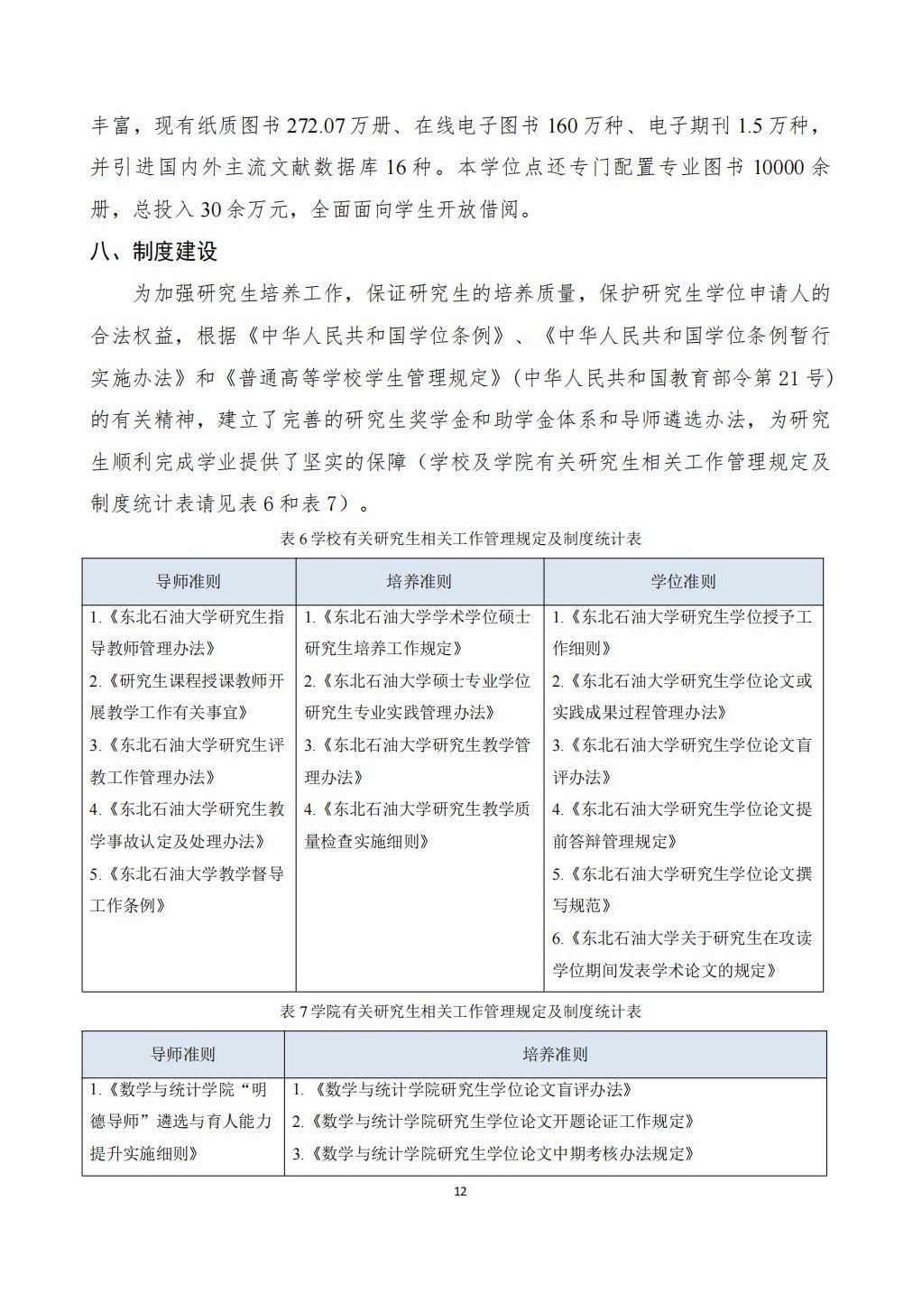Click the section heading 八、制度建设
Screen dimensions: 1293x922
pyautogui.click(x=153, y=252)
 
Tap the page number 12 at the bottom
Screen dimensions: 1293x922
pyautogui.click(x=460, y=1192)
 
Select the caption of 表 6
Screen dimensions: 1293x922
pyautogui.click(x=461, y=539)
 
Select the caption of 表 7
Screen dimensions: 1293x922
pyautogui.click(x=461, y=1011)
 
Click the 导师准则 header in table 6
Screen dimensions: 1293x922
pyautogui.click(x=189, y=582)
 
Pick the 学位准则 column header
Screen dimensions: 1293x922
pyautogui.click(x=683, y=582)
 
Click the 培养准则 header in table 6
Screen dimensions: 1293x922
pyautogui.click(x=420, y=582)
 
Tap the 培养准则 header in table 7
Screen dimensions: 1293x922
pyautogui.click(x=555, y=1054)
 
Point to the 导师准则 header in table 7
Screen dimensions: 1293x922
pyautogui.click(x=182, y=1054)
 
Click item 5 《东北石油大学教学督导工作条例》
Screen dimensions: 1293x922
pyautogui.click(x=187, y=890)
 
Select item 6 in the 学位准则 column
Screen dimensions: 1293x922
pyautogui.click(x=682, y=954)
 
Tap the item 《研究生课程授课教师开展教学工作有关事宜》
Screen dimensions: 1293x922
pyautogui.click(x=187, y=697)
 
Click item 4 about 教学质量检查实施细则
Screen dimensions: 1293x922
pyautogui.click(x=419, y=825)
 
